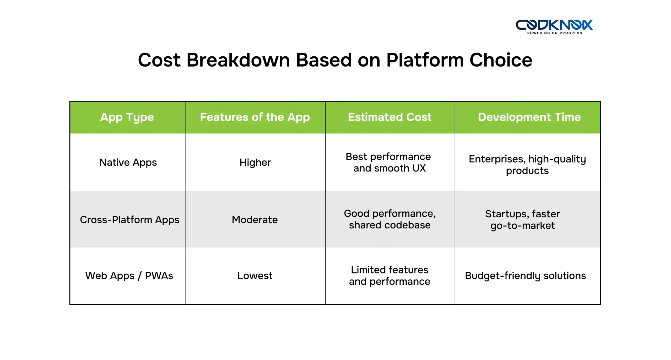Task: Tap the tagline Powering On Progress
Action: tap(554, 33)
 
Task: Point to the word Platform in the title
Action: tap(425, 60)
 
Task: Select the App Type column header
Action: tap(127, 117)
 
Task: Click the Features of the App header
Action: tap(255, 117)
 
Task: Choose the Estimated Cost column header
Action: tap(389, 117)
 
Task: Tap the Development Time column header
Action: tap(529, 117)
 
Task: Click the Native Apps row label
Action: tap(128, 162)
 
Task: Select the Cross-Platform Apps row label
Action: tap(129, 220)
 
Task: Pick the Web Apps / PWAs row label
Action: tap(129, 276)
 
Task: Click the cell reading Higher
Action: tap(255, 162)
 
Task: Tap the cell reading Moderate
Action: tap(255, 220)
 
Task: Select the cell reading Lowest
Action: tap(255, 276)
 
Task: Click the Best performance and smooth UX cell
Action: tap(389, 162)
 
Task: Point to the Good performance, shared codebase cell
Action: tap(389, 219)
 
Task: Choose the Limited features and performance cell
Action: tap(389, 276)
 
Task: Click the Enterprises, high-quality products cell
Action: tap(527, 165)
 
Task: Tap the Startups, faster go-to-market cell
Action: tap(522, 220)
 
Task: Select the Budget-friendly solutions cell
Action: tap(525, 276)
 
